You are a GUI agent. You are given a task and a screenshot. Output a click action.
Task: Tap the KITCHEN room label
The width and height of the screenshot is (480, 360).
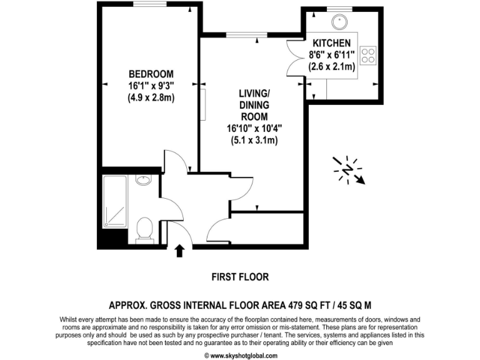[x=331, y=42]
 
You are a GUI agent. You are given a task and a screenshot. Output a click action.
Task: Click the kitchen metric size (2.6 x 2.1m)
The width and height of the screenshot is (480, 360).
[x=332, y=66]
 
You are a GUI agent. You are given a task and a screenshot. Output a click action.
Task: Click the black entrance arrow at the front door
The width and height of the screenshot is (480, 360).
[x=179, y=251]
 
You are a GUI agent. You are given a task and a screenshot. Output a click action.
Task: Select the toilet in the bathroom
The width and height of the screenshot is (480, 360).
[x=144, y=229]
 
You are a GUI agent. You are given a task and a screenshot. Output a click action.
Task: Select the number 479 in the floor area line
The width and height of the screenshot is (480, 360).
[x=299, y=306]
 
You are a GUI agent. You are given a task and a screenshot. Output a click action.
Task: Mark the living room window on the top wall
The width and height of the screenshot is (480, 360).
[x=239, y=35]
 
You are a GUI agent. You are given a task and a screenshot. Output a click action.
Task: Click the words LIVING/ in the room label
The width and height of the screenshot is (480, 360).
[x=254, y=94]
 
